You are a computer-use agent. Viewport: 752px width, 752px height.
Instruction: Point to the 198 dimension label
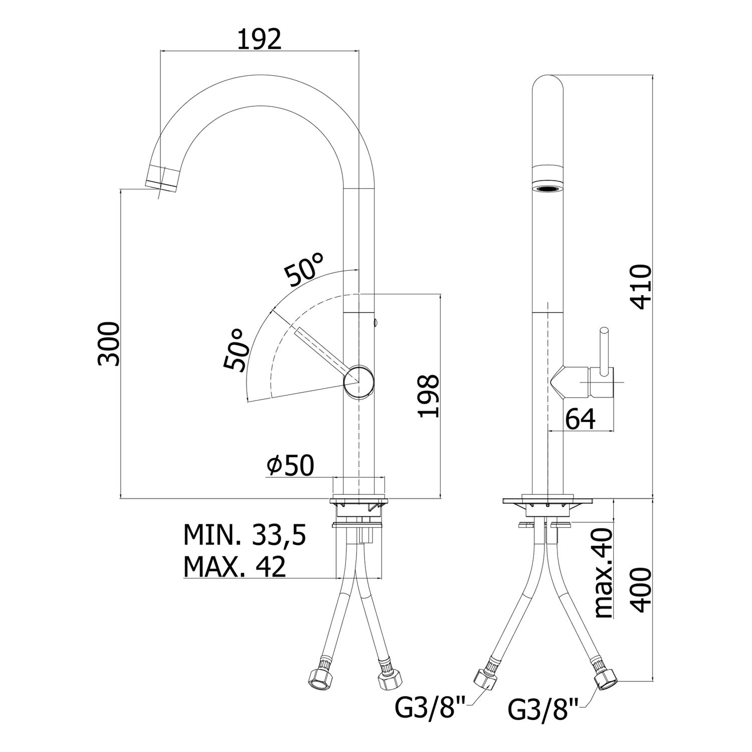click(430, 396)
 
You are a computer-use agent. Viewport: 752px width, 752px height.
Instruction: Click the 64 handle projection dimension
click(581, 419)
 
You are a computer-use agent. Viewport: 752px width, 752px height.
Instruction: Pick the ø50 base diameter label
click(290, 466)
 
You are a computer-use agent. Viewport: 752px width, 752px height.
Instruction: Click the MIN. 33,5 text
click(245, 535)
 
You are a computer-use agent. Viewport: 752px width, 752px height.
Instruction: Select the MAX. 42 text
click(235, 567)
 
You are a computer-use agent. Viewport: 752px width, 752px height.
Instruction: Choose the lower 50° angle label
click(236, 350)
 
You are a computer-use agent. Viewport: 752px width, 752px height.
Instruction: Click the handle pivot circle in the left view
click(358, 382)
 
